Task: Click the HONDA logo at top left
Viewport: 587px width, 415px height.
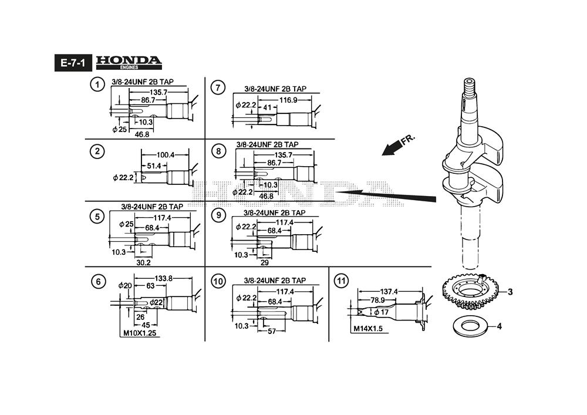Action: click(x=128, y=62)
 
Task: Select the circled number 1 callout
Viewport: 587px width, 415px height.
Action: click(x=97, y=85)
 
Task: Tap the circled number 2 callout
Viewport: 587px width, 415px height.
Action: click(x=97, y=151)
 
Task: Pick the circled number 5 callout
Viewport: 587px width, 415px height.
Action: click(x=97, y=217)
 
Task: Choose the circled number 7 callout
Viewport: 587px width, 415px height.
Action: click(x=218, y=88)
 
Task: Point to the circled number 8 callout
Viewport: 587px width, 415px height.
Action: click(x=218, y=151)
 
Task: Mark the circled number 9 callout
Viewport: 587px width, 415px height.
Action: click(x=218, y=215)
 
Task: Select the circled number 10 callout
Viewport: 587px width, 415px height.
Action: click(x=218, y=282)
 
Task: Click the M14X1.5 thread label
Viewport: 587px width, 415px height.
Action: click(x=368, y=329)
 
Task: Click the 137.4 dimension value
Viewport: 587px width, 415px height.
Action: click(x=389, y=291)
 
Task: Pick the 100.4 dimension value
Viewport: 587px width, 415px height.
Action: click(x=166, y=155)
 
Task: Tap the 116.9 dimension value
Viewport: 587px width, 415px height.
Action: click(x=288, y=100)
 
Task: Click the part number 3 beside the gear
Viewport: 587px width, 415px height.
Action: click(x=510, y=292)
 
